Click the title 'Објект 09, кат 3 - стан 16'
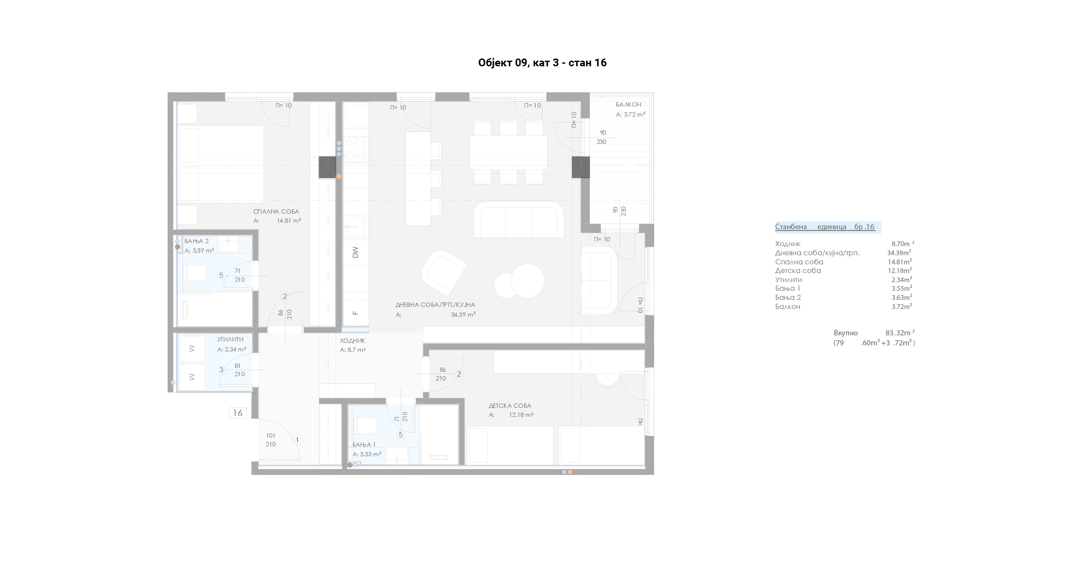(x=542, y=63)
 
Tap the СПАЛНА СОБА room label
(x=276, y=212)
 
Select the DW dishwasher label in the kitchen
(x=356, y=252)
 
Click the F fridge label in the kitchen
(x=356, y=312)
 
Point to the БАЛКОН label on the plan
(x=629, y=104)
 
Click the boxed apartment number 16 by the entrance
(x=238, y=413)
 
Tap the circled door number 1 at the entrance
(x=297, y=440)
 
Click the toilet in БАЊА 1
(x=366, y=426)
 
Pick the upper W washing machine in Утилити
(x=192, y=349)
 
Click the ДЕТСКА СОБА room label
(x=510, y=406)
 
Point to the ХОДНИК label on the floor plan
(x=353, y=341)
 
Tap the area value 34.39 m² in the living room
(x=464, y=315)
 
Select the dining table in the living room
(x=508, y=152)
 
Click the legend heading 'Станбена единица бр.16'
(x=825, y=227)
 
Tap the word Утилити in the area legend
(x=788, y=280)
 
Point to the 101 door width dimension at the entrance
(x=271, y=436)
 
